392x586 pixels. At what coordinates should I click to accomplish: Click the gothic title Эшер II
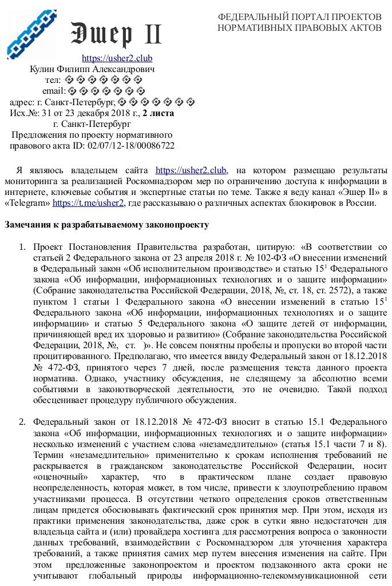pos(116,34)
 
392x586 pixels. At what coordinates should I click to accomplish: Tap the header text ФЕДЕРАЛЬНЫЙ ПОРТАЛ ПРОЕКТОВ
pos(299,17)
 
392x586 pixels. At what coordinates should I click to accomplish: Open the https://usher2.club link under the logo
pos(117,58)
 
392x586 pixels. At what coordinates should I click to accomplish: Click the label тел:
pos(53,80)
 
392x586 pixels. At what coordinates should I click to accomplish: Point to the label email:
pos(54,91)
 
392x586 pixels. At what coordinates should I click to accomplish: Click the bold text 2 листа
pos(158,113)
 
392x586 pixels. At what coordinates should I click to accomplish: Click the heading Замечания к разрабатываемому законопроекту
pos(107,225)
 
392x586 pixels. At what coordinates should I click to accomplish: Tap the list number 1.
pos(22,247)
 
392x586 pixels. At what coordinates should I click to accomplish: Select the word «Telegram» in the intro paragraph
pos(27,203)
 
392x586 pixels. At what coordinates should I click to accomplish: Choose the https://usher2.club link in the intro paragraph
pos(191,170)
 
